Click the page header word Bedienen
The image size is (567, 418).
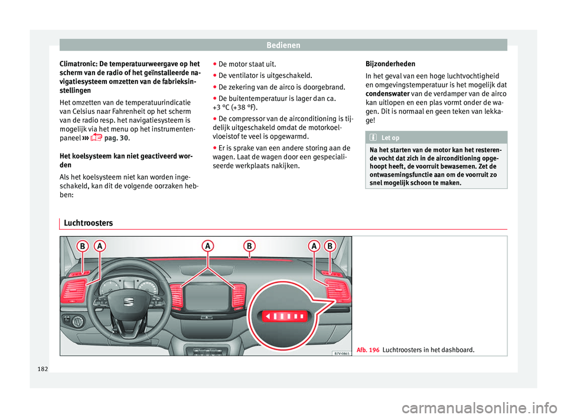pyautogui.click(x=283, y=44)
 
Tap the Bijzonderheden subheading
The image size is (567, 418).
pyautogui.click(x=390, y=64)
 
